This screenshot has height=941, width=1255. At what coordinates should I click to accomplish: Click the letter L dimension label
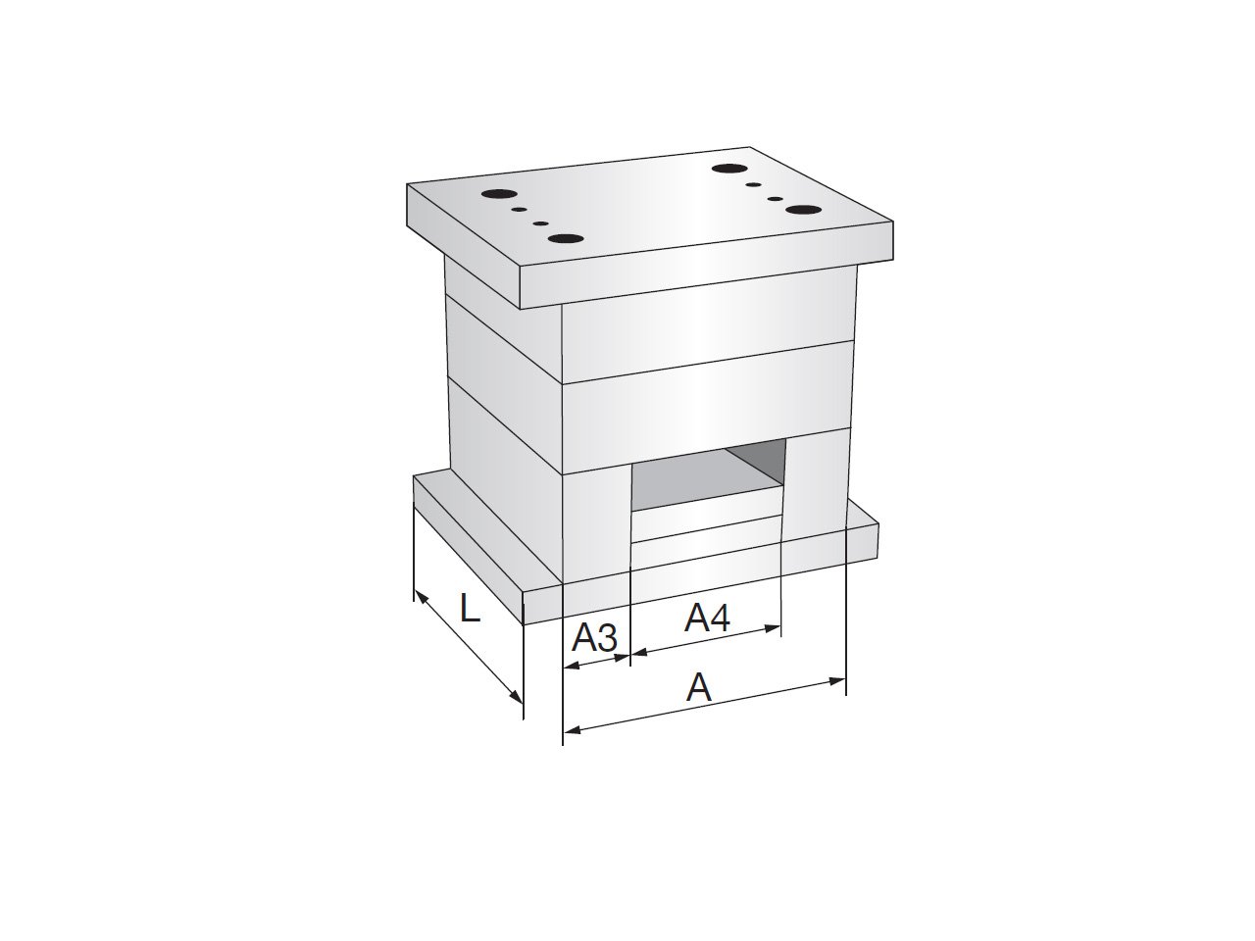click(x=470, y=608)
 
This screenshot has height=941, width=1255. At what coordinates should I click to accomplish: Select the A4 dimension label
click(x=707, y=618)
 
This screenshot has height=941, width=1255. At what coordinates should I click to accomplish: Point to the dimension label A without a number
click(x=699, y=687)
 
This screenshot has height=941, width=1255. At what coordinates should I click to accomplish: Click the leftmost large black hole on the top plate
click(x=497, y=193)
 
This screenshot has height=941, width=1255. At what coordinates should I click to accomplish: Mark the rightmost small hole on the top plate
click(x=776, y=199)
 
